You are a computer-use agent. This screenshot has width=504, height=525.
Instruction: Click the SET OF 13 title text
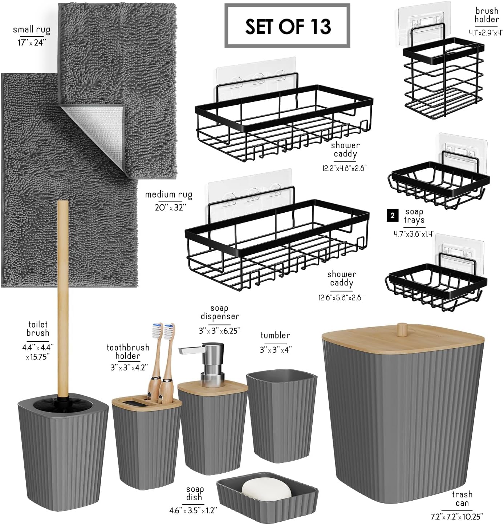coord(288,27)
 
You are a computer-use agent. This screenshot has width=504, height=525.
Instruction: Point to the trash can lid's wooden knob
coord(402,329)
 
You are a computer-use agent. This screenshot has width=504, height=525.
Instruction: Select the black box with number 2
coord(393,215)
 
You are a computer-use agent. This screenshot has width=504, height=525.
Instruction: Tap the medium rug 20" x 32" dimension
coord(170,207)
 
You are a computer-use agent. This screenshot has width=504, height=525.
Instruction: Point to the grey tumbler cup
coord(281,416)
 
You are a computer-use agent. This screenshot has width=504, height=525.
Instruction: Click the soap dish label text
coord(195,493)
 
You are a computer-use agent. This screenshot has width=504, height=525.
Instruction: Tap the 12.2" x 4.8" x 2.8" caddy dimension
coord(345,168)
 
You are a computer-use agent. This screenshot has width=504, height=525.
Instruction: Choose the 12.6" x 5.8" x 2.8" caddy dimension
coord(341,297)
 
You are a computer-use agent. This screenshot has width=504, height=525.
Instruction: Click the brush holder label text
coord(487,15)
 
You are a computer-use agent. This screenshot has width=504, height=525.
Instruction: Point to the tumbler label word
coord(275,335)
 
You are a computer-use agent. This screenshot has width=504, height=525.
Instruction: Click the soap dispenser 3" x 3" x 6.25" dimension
coord(220,331)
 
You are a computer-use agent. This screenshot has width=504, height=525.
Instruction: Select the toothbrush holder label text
coord(128,351)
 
